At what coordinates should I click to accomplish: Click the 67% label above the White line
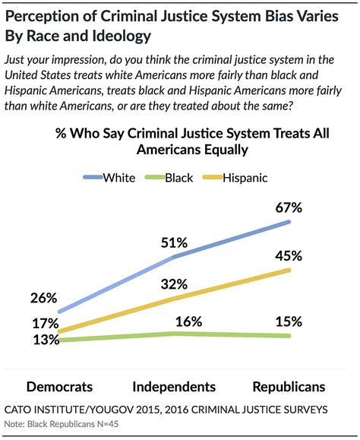pos(289,207)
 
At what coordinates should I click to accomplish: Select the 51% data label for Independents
pos(174,243)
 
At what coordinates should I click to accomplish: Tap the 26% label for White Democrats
pos(45,298)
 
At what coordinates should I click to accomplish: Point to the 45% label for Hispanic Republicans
pos(289,255)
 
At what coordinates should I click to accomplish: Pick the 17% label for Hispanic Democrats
pos(45,323)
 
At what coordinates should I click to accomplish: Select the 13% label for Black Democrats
pos(45,340)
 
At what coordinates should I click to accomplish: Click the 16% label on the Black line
pos(174,321)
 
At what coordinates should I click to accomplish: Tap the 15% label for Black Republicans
pos(289,321)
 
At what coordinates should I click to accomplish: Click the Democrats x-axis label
pos(59,385)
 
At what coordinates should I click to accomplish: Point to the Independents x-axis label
pos(174,385)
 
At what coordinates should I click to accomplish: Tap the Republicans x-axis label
pos(289,385)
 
